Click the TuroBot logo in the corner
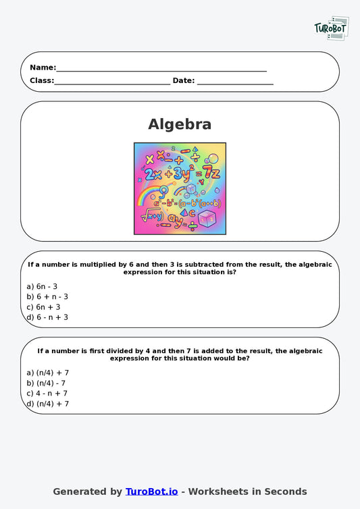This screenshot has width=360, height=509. pyautogui.click(x=331, y=28)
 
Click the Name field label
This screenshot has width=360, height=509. pyautogui.click(x=43, y=68)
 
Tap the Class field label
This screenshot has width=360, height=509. pyautogui.click(x=41, y=80)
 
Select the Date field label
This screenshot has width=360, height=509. pyautogui.click(x=183, y=80)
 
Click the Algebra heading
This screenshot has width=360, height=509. pyautogui.click(x=180, y=124)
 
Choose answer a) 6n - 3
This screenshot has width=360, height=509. pyautogui.click(x=42, y=286)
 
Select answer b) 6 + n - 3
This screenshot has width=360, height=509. pyautogui.click(x=47, y=296)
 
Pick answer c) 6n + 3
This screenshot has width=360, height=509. pyautogui.click(x=43, y=306)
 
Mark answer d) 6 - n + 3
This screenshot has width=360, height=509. pyautogui.click(x=47, y=317)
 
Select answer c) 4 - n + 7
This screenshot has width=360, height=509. pyautogui.click(x=47, y=393)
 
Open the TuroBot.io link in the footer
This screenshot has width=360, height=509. pyautogui.click(x=151, y=491)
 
